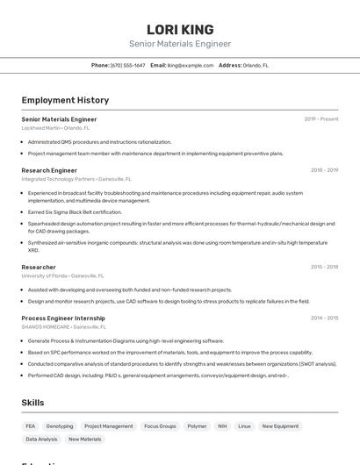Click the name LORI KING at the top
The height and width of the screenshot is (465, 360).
(x=180, y=29)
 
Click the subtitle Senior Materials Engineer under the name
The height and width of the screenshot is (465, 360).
(x=180, y=44)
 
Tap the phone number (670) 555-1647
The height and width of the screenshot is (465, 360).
(x=128, y=65)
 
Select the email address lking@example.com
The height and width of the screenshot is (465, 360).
(x=191, y=65)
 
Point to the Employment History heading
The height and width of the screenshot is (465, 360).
(x=65, y=100)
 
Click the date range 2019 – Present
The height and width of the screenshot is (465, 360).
(x=321, y=118)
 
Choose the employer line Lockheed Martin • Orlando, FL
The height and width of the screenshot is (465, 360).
(x=55, y=128)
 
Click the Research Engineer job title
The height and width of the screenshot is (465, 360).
(x=49, y=170)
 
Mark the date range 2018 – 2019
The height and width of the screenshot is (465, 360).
(x=324, y=170)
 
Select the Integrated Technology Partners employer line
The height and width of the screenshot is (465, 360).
(x=76, y=179)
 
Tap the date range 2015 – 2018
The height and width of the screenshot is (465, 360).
(x=324, y=267)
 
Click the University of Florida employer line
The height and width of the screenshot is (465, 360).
(x=62, y=275)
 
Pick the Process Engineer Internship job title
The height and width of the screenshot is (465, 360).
(x=63, y=318)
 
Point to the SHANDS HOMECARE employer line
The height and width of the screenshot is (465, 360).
(x=64, y=326)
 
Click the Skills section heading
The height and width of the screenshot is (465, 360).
(x=33, y=402)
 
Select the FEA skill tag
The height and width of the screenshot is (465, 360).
(x=31, y=426)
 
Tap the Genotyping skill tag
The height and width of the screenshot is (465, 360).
(x=60, y=426)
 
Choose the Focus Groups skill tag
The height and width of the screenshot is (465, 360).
(x=160, y=426)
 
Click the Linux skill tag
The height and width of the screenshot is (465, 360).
(x=244, y=426)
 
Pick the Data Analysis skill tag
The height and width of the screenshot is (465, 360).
(x=41, y=439)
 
